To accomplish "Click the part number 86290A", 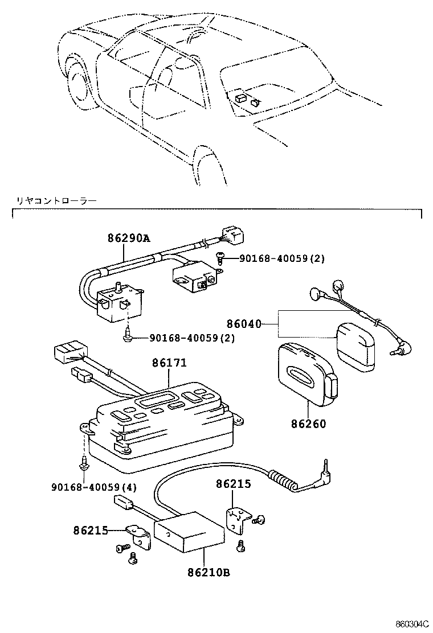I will point(129,239).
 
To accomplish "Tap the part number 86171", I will point(169,363).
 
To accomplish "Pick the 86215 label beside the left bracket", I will point(91,531).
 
